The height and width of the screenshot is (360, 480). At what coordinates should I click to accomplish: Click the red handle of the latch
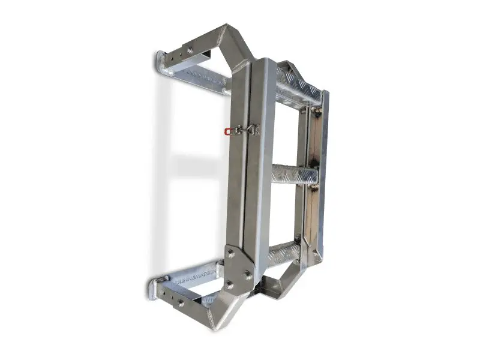click(x=227, y=131)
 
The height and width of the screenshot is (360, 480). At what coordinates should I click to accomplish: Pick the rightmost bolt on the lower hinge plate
click(x=247, y=275)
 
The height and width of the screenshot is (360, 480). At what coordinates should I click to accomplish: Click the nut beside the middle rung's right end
click(x=313, y=189)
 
